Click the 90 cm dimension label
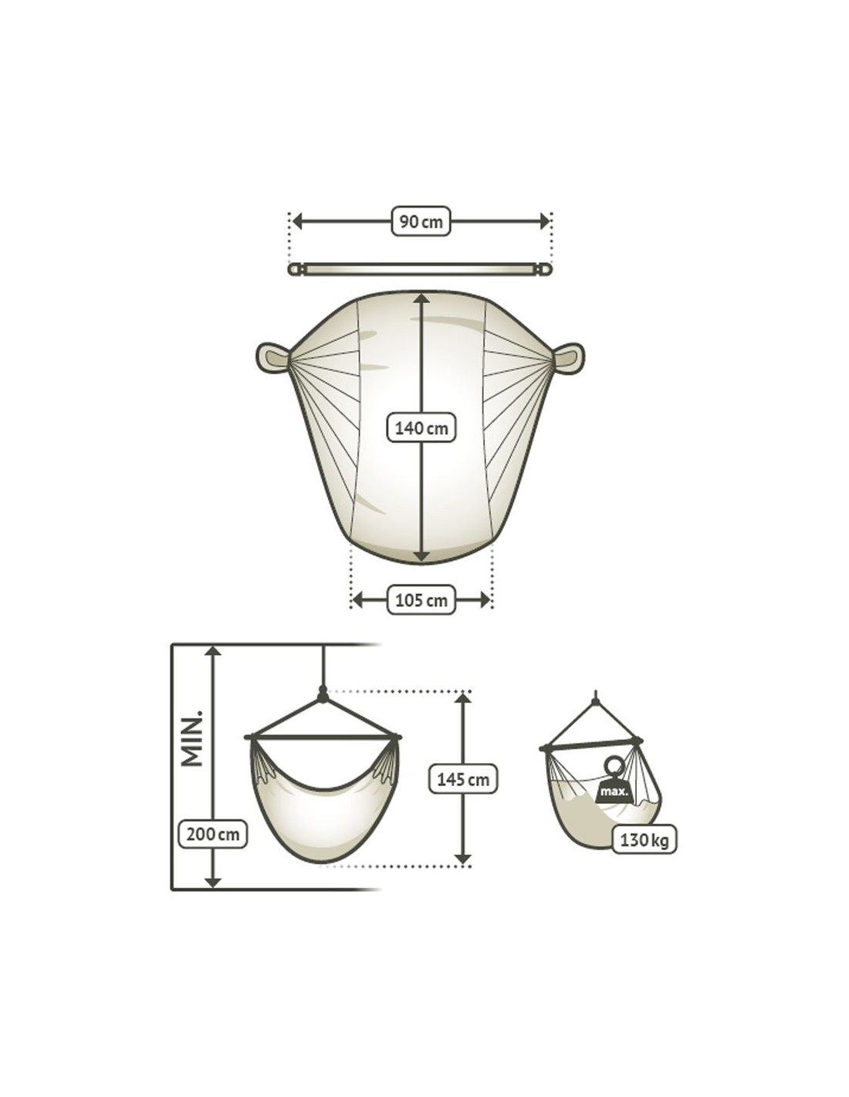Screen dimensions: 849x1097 point(421,221)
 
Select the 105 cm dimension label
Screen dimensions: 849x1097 point(421,600)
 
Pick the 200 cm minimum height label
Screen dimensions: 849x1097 point(212,834)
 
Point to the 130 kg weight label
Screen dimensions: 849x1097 point(644,841)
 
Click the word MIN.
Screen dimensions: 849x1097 point(192,738)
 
